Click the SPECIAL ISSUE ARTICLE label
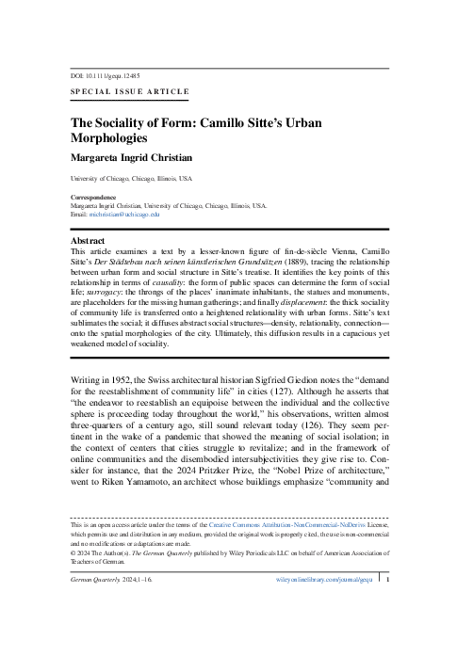click(x=130, y=91)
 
